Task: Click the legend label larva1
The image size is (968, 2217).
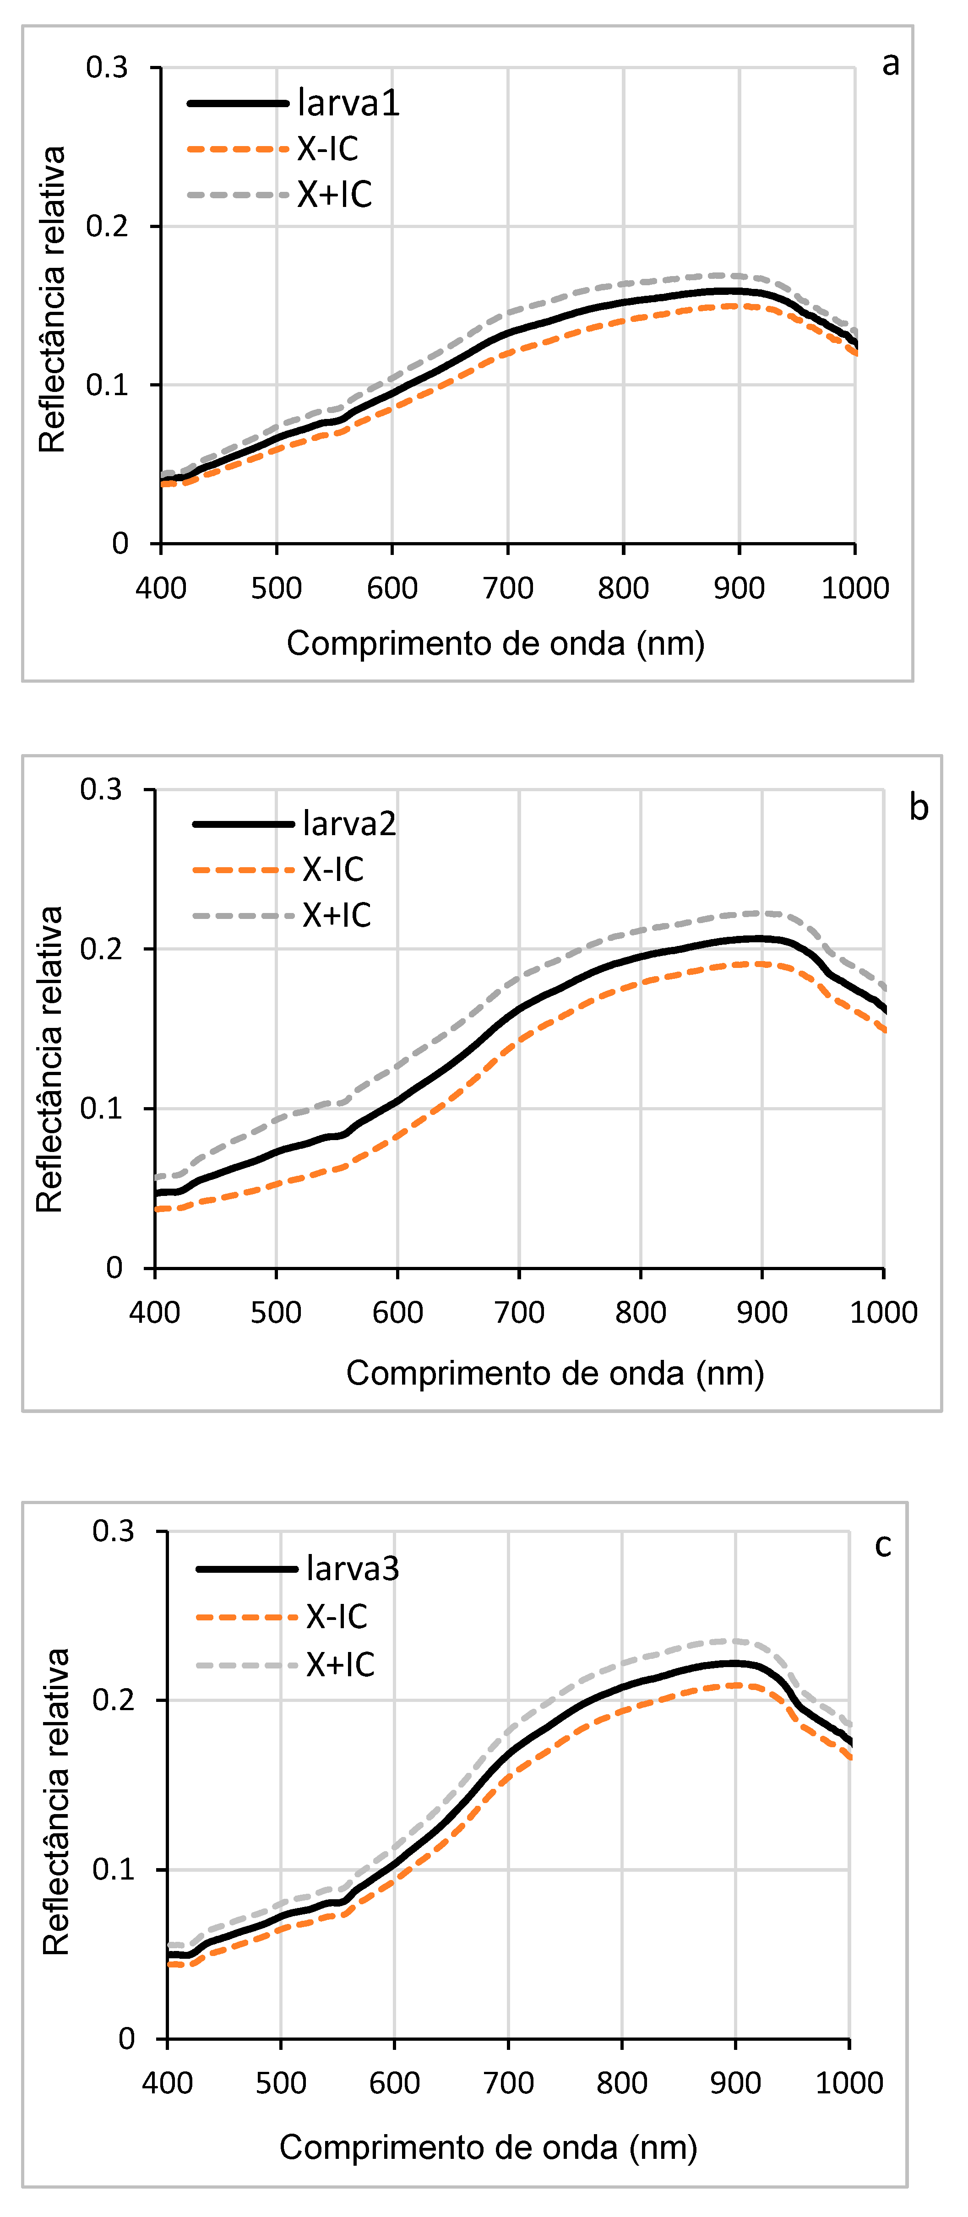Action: point(348,103)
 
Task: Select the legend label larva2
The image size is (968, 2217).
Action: point(349,824)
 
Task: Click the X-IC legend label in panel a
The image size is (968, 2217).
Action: point(328,149)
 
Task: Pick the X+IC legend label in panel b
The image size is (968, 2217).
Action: point(337,915)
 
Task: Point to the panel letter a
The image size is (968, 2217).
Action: point(891,64)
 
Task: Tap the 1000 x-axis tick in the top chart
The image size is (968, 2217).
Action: point(854,589)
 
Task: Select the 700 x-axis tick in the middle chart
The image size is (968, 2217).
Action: point(519,1312)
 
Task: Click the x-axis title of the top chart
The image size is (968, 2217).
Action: point(495,643)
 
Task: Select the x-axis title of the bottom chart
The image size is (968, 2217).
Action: point(488,2147)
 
